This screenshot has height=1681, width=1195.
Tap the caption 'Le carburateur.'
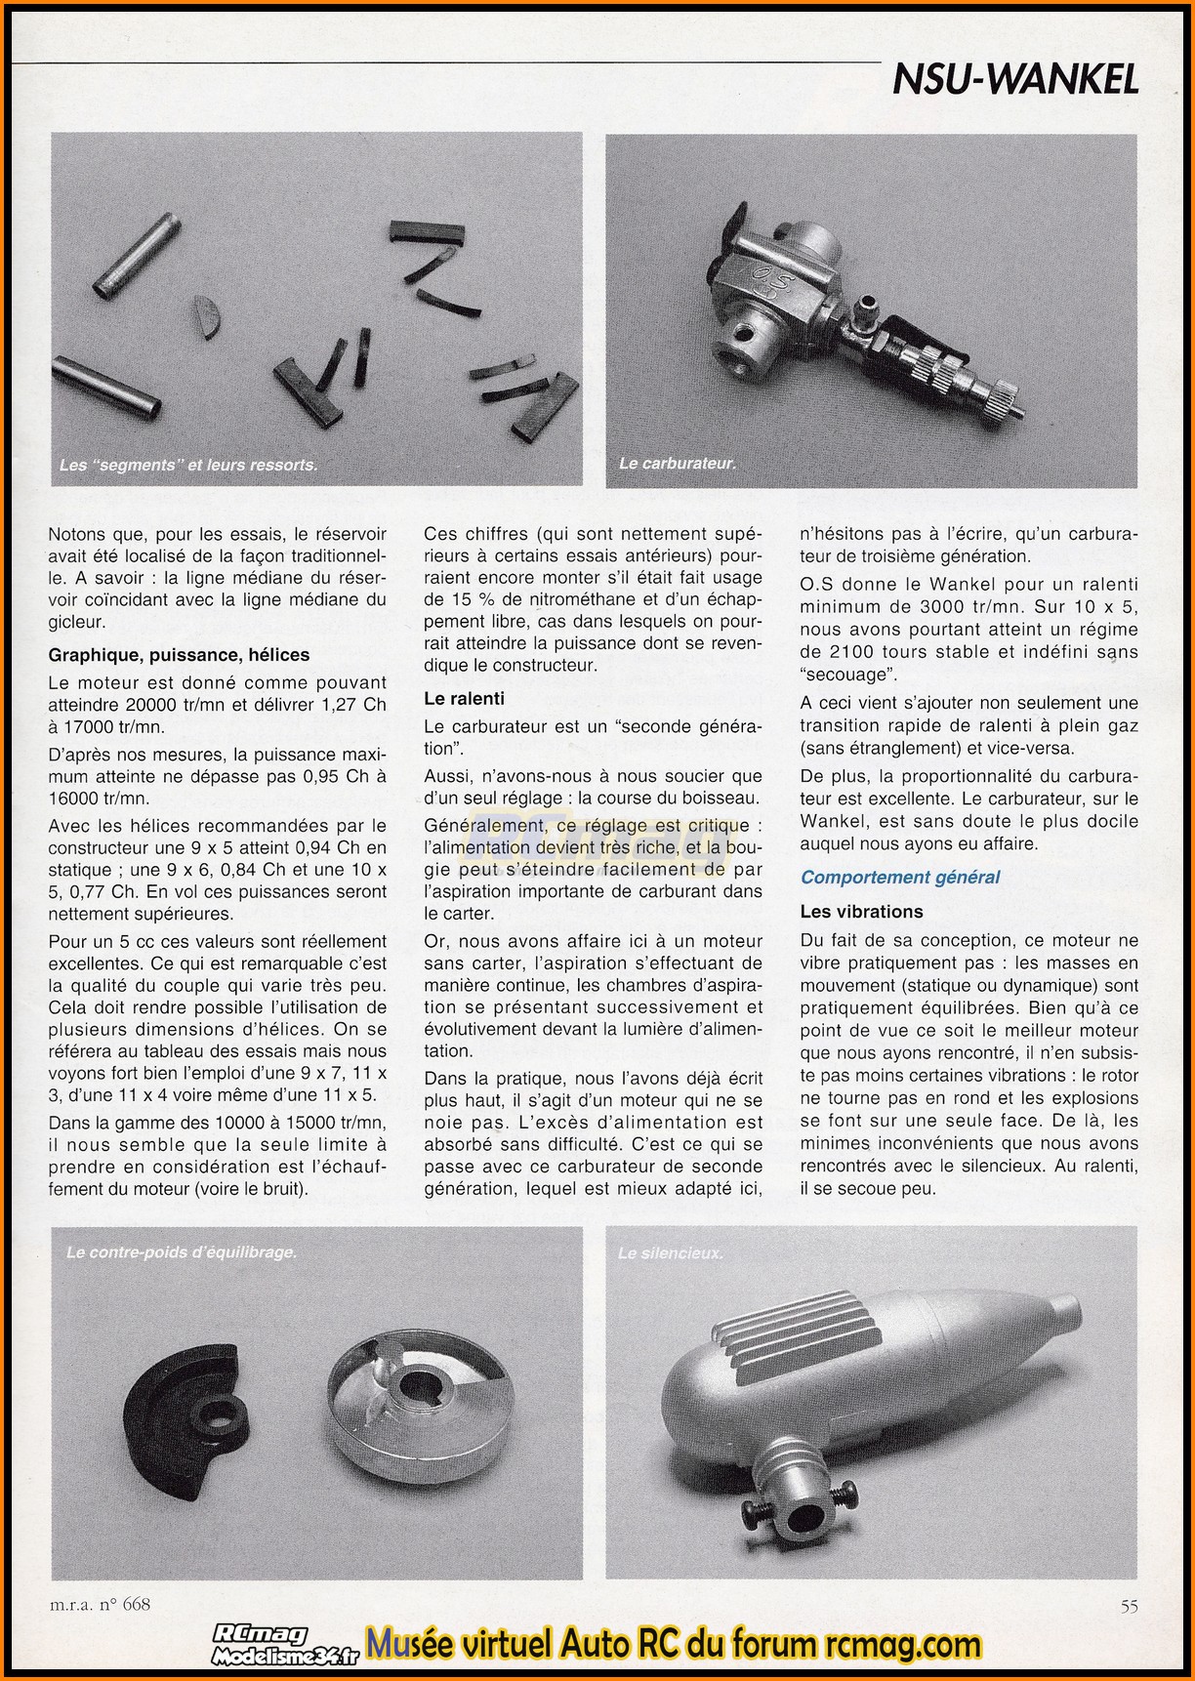tap(677, 463)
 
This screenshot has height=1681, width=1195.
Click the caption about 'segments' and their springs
tap(188, 465)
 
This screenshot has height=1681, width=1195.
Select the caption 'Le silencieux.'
tap(670, 1252)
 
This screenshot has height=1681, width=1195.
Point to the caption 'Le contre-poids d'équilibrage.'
tap(182, 1251)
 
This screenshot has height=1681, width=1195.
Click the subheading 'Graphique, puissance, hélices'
tap(179, 655)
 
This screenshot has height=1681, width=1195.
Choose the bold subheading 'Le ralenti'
tap(465, 698)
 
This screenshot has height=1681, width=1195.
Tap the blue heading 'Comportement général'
tap(900, 877)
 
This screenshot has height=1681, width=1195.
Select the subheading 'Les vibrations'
tap(861, 912)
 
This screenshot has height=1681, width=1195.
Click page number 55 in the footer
tap(1129, 1606)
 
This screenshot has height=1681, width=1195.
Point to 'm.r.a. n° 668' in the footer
tap(100, 1604)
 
